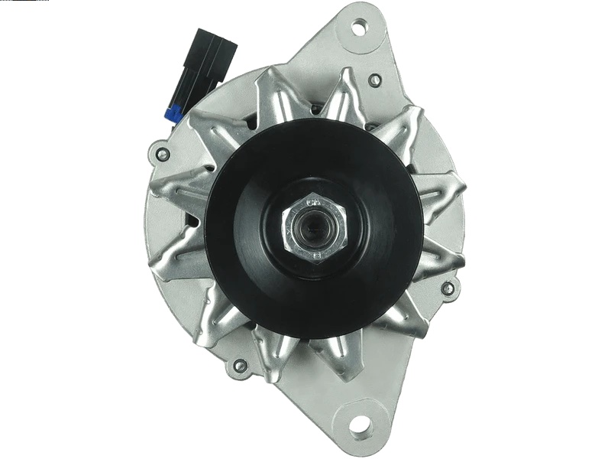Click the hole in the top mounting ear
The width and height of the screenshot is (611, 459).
tap(358, 28)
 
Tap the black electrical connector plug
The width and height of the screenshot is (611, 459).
tap(207, 65)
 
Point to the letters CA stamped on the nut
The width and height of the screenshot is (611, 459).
tap(312, 203)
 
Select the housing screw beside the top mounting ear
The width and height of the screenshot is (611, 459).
tap(375, 80)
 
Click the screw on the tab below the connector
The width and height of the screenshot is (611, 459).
tap(163, 155)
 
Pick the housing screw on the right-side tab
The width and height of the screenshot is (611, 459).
tap(448, 288)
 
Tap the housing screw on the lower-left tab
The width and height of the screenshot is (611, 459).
tap(240, 366)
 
